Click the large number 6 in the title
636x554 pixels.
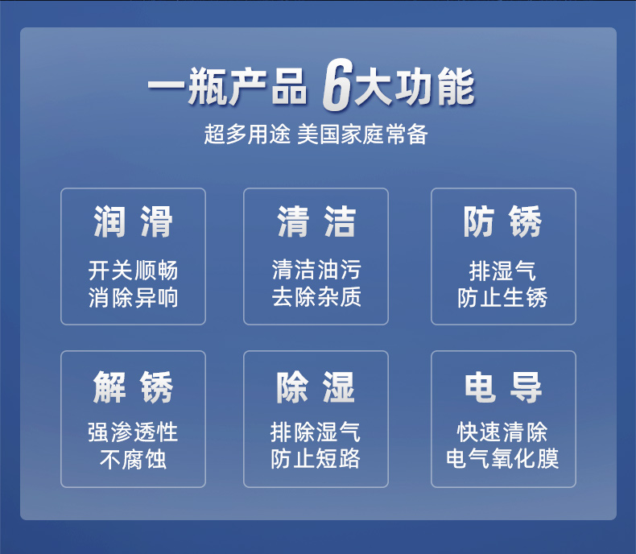337,85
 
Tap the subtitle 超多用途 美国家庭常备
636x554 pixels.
316,134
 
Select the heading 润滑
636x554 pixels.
133,221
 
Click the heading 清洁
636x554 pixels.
316,221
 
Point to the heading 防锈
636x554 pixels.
502,221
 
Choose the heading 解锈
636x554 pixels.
133,387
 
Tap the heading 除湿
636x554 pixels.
316,387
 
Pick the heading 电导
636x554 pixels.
503,387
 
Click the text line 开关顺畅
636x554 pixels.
133,271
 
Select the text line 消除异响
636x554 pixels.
133,297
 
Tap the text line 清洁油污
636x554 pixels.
316,270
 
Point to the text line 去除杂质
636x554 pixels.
316,296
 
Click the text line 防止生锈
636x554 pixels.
502,297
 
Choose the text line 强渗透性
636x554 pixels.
133,432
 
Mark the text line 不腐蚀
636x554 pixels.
133,460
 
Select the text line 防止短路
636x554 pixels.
316,459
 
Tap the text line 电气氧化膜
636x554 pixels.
502,459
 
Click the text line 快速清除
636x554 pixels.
502,432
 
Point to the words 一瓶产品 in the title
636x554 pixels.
228,86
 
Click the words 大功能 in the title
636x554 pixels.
414,86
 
